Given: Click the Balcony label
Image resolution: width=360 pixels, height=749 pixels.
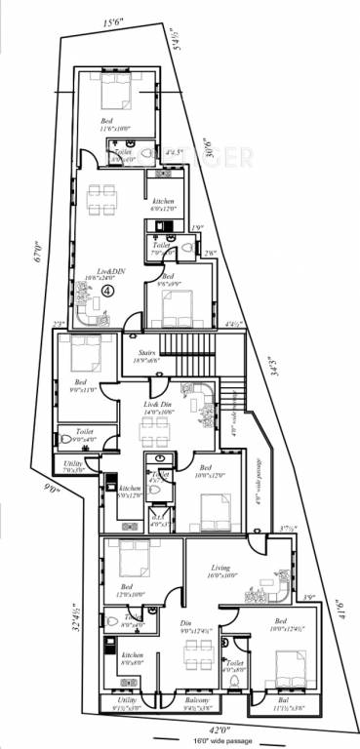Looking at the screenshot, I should pos(197,700).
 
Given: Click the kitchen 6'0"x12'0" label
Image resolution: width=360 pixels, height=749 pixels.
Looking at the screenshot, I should pos(161,205).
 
